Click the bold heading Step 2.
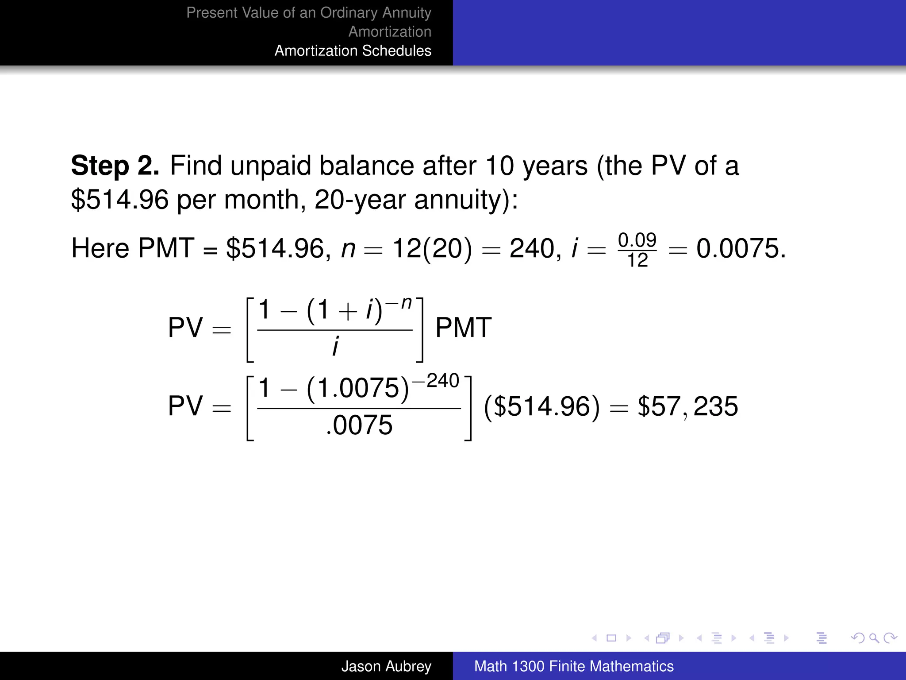[115, 166]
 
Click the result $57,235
[687, 406]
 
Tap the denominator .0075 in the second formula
[359, 425]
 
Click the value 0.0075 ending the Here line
[741, 248]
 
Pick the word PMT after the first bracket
[463, 328]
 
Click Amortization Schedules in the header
[353, 51]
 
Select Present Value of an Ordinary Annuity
[309, 13]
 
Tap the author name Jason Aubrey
[386, 666]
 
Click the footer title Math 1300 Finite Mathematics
[574, 666]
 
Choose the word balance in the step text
[367, 166]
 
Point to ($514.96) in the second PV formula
[542, 406]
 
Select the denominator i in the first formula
[335, 346]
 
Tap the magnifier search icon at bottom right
[874, 638]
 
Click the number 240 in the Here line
[532, 248]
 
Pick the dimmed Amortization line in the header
[390, 32]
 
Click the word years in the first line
[555, 166]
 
